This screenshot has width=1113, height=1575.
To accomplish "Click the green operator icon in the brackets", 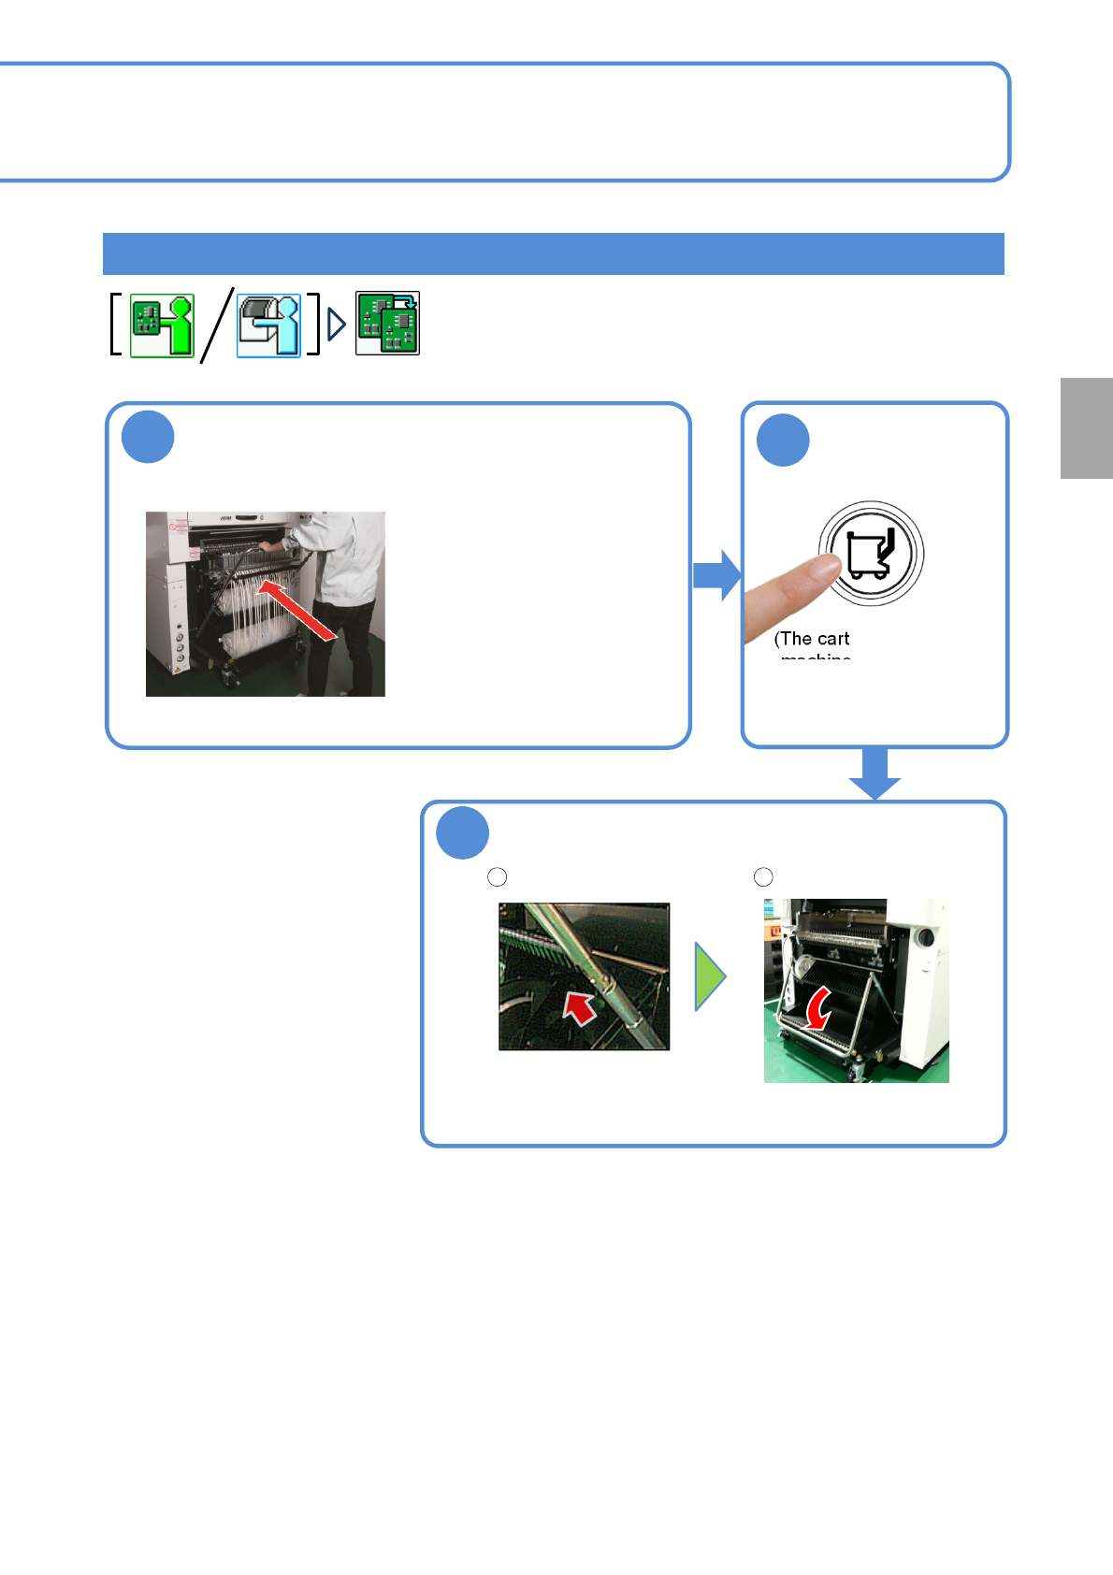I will pos(162,325).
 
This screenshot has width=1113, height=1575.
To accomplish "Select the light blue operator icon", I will pos(268,325).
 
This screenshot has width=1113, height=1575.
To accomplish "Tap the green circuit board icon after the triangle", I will pos(387,324).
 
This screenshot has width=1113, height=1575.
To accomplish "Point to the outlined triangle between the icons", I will pos(337,325).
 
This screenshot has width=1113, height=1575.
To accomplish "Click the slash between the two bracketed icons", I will pos(216,324).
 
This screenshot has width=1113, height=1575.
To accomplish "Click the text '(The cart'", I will pos(812,639).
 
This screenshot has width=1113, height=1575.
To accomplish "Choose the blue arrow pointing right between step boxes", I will pos(716,575).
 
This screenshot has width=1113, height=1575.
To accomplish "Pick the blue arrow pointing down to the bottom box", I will pos(874,774).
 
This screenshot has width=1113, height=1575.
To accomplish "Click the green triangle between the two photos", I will pos(709,976).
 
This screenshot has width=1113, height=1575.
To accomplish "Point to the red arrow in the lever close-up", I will pos(579,1008).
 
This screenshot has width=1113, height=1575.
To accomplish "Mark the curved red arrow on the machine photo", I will pos(818,1009).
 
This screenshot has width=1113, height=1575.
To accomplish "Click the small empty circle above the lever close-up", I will pos(498,876).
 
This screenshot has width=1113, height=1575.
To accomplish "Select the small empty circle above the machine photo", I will pos(763,876).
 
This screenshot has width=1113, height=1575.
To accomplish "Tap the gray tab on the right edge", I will pos(1086,428).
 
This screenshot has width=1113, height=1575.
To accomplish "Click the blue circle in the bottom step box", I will pos(463,832).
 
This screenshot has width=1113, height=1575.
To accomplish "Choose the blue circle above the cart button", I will pos(783,440).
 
